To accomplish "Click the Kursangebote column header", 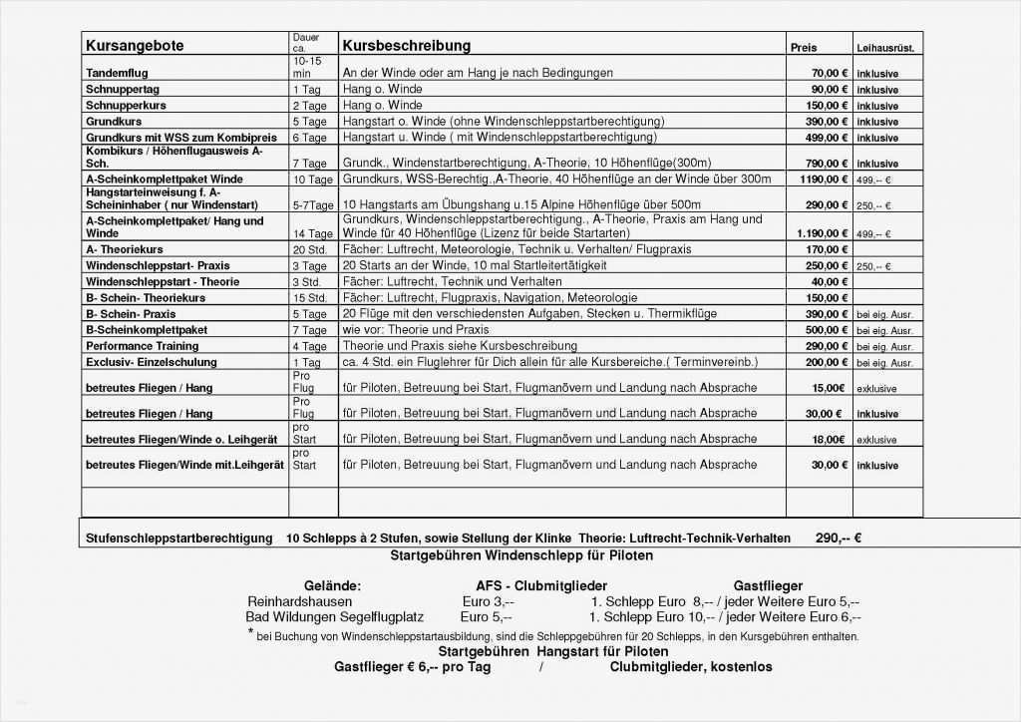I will tap(135, 46).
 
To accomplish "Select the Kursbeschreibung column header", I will tap(406, 46).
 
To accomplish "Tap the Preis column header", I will tap(803, 48).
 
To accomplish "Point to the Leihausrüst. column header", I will tap(884, 48).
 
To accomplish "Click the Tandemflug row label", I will tap(117, 74).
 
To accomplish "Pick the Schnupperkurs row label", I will tap(126, 106).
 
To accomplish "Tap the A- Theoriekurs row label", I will tap(125, 249).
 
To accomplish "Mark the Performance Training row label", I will tap(142, 346).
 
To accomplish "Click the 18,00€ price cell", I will tap(829, 440).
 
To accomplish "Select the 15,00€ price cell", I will tap(829, 388).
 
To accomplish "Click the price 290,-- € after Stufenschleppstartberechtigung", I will tap(838, 539).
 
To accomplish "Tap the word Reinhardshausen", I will tap(299, 602).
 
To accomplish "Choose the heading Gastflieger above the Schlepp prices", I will tap(768, 586).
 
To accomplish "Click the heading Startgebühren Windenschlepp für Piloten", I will tap(521, 555).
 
